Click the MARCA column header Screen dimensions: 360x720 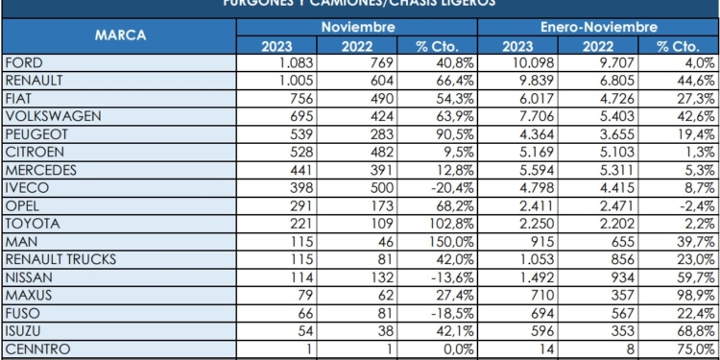tap(120, 36)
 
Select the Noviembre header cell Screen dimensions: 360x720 tap(357, 28)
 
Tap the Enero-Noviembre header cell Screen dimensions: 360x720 tap(597, 28)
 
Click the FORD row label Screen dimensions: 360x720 tap(23, 63)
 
